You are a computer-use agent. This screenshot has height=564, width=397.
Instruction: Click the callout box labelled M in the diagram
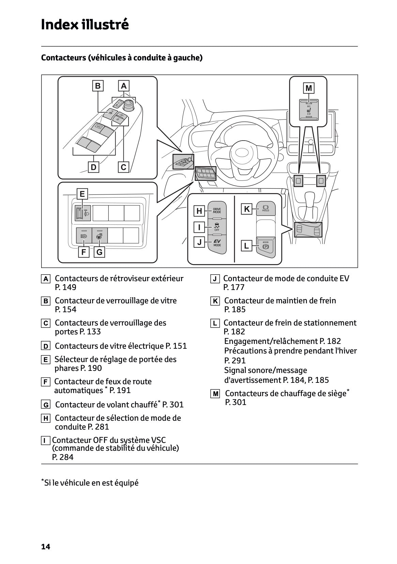pos(308,88)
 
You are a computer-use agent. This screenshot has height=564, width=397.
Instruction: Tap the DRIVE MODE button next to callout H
pos(217,211)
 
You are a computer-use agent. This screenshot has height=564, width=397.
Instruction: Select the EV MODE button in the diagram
pos(217,243)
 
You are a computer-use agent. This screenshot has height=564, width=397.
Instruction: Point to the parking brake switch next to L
pos(265,246)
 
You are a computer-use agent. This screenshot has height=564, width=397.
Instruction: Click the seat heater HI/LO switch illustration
pos(309,110)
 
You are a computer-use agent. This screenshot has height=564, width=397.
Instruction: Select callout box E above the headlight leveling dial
pos(82,194)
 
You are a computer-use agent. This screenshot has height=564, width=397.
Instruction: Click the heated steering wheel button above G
pos(100,235)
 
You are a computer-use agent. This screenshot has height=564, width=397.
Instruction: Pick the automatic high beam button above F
pos(84,235)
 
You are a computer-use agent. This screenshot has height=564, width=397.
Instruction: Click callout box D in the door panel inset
pos(93,167)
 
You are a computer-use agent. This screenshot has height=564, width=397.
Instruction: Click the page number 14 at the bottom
pos(45,547)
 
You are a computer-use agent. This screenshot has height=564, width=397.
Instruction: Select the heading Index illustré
pos(85,25)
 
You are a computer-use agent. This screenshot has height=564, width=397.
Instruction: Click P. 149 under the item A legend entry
pos(65,287)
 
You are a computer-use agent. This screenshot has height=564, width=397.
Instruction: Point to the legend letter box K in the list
pos(215,301)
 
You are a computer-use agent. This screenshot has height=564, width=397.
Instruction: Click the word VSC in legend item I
pos(158,440)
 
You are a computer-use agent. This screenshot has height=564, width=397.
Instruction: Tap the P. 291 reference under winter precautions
pos(235,361)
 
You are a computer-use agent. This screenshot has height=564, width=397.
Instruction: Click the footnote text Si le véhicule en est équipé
pos(91,483)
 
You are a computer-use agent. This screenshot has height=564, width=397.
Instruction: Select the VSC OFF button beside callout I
pos(217,227)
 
